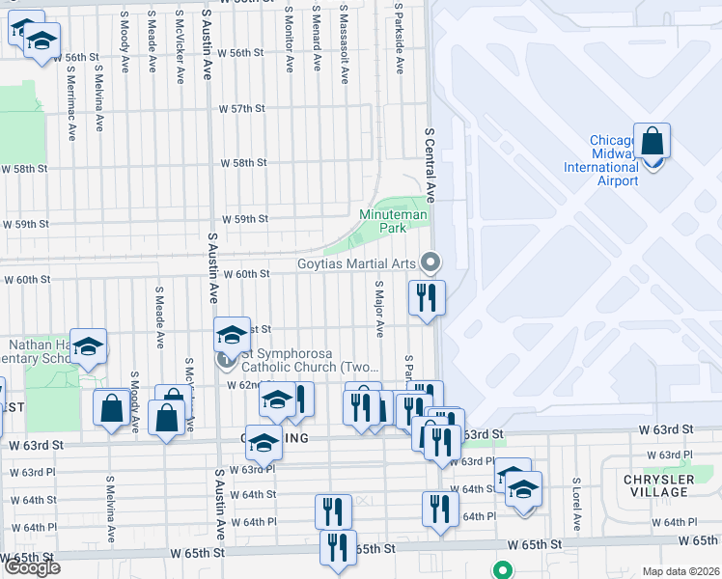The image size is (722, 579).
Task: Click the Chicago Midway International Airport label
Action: [x=614, y=161]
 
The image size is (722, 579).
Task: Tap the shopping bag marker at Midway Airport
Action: [x=653, y=143]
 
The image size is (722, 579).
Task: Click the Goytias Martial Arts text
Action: [x=356, y=262]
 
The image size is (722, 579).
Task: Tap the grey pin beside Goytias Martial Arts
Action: [x=430, y=262]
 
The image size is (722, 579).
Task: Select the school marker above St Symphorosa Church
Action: [x=232, y=335]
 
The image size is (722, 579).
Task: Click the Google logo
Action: [x=32, y=567]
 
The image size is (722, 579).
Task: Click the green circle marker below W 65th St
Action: [x=502, y=569]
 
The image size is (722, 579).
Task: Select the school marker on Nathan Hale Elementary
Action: [x=88, y=348]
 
